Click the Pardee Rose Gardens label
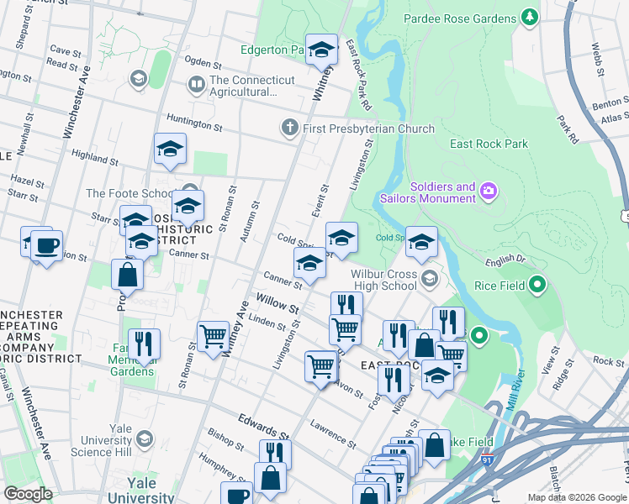[459, 18]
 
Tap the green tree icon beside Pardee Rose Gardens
[529, 17]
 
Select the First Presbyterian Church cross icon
[289, 128]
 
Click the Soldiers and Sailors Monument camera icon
[488, 192]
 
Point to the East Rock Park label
[489, 144]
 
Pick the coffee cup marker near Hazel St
[46, 246]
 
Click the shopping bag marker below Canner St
[127, 275]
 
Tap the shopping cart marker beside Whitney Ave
[214, 337]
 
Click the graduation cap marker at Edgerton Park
[321, 50]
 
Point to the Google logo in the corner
[28, 494]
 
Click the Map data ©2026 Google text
[576, 497]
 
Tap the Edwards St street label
[263, 424]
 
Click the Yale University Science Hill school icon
[145, 439]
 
